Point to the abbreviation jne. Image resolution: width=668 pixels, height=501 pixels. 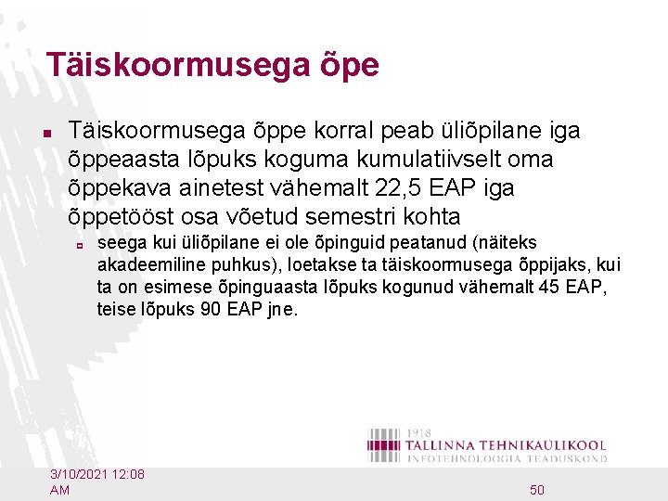(282, 309)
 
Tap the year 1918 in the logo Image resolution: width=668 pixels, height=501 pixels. (420, 432)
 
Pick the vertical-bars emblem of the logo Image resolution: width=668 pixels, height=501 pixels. (383, 444)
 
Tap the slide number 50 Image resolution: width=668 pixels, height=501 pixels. (537, 489)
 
